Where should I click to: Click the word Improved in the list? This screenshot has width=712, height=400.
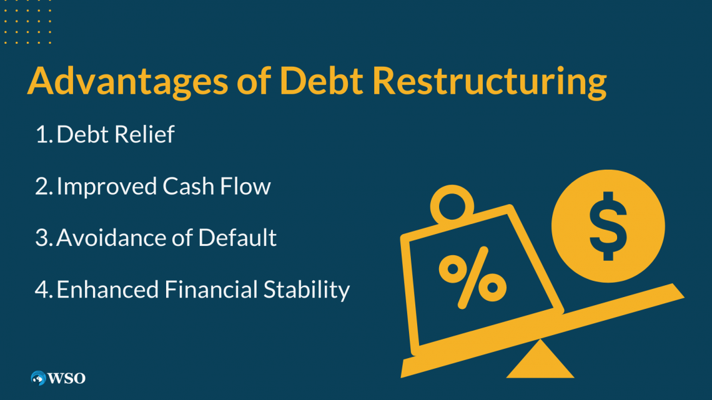point(107,187)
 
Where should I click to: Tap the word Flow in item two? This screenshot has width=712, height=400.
point(245,186)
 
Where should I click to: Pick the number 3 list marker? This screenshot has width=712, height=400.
point(44,238)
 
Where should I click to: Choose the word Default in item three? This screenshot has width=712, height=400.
point(237,238)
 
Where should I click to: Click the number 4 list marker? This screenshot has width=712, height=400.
point(44,290)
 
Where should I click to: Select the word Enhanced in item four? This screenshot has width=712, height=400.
point(107,290)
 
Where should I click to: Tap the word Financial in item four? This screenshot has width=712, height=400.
point(210,290)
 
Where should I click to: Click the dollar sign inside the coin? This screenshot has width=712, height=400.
point(608,227)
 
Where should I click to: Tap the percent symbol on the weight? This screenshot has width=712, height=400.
point(473,278)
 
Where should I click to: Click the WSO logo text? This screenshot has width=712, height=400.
point(66,378)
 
